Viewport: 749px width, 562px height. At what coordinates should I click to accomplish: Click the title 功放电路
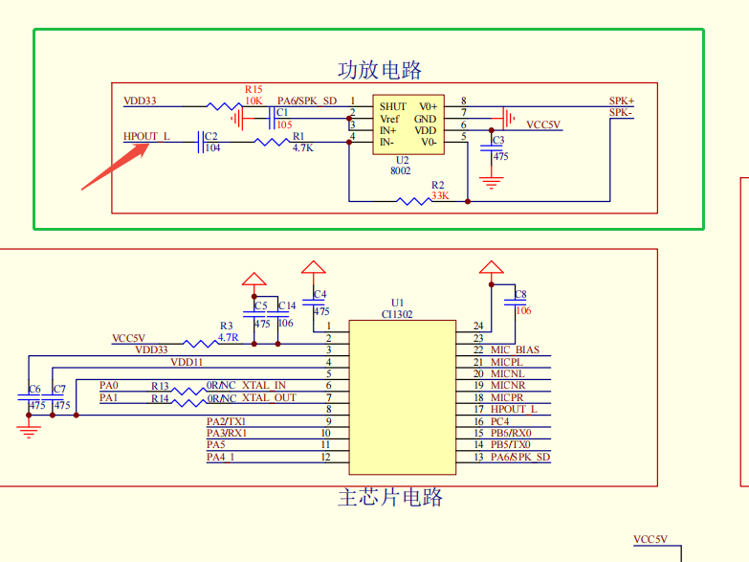click(x=379, y=70)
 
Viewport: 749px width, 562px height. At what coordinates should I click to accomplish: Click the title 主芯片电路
click(x=390, y=498)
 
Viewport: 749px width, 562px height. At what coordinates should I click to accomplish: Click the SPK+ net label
click(x=621, y=101)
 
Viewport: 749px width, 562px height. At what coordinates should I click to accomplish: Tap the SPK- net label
click(x=621, y=113)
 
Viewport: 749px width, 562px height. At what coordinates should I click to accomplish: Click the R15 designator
click(x=253, y=89)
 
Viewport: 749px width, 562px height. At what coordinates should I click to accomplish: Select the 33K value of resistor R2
click(x=440, y=195)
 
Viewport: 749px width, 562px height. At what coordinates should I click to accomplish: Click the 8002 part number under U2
click(x=400, y=170)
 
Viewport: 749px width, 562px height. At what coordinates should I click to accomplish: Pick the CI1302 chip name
click(x=397, y=313)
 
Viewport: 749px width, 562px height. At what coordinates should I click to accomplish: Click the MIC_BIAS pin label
click(x=515, y=350)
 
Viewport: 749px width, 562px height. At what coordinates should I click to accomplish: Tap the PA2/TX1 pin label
click(x=226, y=421)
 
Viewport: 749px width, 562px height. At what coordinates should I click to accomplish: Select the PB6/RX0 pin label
click(x=511, y=433)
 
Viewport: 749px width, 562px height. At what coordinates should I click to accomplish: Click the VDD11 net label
click(x=187, y=362)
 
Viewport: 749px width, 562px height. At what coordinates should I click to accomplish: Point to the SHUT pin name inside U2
click(x=392, y=106)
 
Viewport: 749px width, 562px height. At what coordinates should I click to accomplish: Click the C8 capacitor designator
click(x=520, y=295)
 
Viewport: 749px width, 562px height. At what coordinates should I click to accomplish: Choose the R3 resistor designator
click(x=227, y=326)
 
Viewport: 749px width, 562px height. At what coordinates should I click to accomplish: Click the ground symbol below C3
click(x=492, y=181)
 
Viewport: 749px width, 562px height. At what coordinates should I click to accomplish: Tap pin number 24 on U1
click(x=477, y=326)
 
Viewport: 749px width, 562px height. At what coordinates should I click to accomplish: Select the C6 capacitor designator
click(x=34, y=390)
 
